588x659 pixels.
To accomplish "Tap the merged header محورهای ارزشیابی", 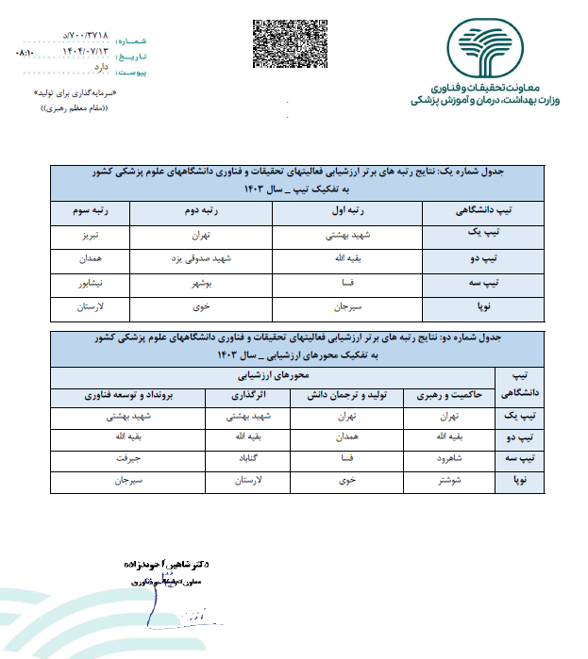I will [283, 375].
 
